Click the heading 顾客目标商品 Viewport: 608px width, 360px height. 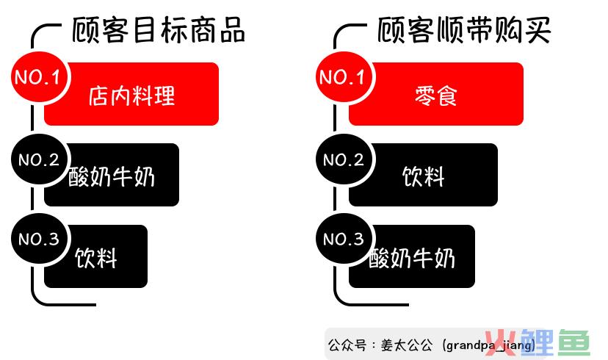click(159, 30)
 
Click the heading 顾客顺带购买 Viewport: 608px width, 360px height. click(464, 30)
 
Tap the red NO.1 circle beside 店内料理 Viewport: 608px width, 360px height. click(40, 77)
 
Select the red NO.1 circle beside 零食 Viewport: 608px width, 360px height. click(344, 77)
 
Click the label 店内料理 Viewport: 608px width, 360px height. click(132, 96)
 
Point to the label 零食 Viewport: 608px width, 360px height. click(436, 96)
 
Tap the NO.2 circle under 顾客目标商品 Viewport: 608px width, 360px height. click(40, 159)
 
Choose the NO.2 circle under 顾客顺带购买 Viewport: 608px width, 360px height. click(344, 159)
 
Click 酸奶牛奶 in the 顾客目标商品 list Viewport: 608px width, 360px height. click(112, 177)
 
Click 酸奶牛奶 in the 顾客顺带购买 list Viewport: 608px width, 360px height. click(412, 258)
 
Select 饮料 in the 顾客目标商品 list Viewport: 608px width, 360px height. click(95, 258)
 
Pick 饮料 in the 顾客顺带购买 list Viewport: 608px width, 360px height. click(423, 177)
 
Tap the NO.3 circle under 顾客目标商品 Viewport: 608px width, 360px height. click(40, 239)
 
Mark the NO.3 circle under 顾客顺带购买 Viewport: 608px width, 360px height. click(344, 239)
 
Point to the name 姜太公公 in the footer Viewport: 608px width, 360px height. click(406, 345)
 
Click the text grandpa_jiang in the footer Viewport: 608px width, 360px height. click(488, 345)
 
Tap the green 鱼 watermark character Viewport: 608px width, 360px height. click(575, 342)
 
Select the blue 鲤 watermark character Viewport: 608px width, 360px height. click(537, 342)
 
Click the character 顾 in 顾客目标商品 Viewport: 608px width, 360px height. click(86, 30)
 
